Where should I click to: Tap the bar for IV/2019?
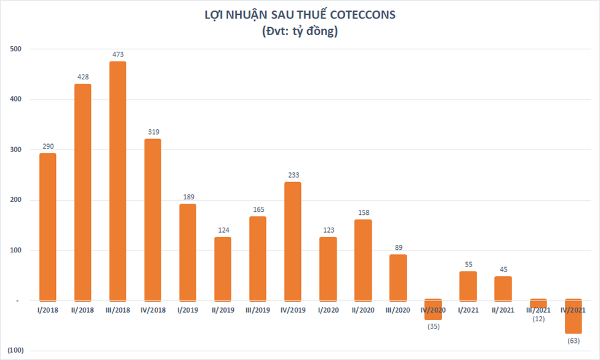(x=293, y=241)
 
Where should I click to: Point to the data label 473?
(x=118, y=55)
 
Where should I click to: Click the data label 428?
(x=83, y=77)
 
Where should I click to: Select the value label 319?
(x=153, y=132)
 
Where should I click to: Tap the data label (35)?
(x=433, y=326)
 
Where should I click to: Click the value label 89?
(x=398, y=247)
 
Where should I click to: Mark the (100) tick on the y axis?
(x=15, y=351)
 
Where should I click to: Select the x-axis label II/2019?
(x=223, y=310)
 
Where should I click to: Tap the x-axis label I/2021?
(x=468, y=310)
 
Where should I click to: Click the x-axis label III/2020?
(x=398, y=310)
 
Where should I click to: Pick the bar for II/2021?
(x=503, y=288)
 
